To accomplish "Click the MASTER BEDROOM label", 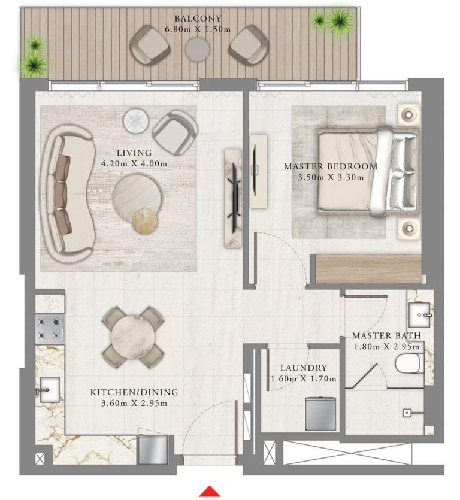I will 331,166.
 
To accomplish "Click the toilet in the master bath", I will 409,363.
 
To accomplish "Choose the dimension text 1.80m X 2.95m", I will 386,346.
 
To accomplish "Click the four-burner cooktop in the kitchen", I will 50,328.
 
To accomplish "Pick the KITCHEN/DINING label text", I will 134,392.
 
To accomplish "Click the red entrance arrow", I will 210,492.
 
